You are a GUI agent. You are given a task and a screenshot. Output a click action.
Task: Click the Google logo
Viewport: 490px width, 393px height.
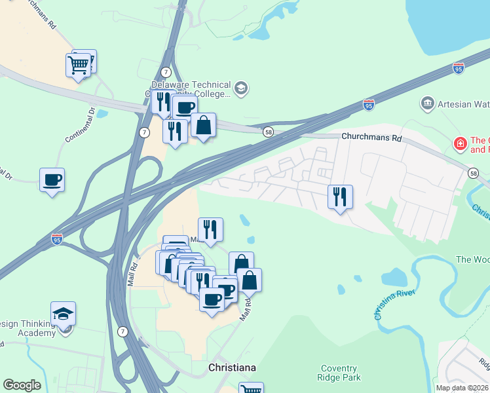coord(22,385)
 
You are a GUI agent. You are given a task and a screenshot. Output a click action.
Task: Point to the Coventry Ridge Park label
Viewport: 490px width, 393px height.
coord(339,373)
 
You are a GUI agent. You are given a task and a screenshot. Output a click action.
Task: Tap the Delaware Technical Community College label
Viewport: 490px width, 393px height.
coord(191,89)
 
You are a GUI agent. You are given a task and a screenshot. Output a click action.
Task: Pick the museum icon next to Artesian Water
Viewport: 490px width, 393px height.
coord(428,103)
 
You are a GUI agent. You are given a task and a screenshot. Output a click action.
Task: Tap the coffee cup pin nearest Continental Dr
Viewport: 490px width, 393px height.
coord(52,179)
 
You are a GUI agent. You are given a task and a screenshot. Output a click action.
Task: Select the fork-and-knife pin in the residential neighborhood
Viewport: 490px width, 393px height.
coord(340,196)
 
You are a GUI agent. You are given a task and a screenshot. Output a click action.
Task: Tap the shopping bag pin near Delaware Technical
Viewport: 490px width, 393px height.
coord(204,126)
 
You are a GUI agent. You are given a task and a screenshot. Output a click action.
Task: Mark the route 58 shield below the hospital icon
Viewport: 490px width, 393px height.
coord(474,173)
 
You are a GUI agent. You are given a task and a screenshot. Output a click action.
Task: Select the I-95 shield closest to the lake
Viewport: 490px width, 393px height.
coord(459,68)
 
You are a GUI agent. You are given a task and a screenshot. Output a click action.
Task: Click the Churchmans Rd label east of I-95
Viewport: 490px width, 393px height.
coord(371,138)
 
